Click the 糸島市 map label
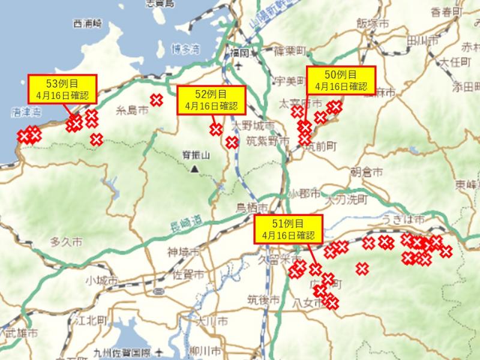[x=132, y=110]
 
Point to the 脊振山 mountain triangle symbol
[x=194, y=169]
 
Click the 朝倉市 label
[x=366, y=172]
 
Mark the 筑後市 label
[x=263, y=299]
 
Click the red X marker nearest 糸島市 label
[x=157, y=100]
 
